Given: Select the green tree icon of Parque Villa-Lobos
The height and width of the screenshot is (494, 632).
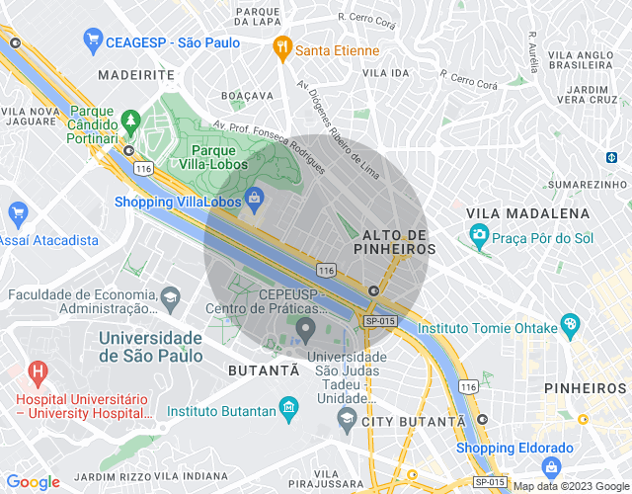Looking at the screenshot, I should pos(130,121).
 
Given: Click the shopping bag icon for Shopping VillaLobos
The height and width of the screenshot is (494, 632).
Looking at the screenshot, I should pos(256,198).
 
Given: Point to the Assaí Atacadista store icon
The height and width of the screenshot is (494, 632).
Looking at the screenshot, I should pos(17,212).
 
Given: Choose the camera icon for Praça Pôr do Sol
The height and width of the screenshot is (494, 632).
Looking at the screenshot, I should pos(480,234).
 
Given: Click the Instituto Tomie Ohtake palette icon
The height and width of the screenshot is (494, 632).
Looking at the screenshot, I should pos(570,324).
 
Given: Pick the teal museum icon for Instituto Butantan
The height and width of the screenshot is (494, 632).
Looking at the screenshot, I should pos(288,406).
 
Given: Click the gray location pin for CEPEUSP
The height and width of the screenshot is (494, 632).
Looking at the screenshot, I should pos(305,328).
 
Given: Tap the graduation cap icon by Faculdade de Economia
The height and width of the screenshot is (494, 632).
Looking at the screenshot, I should pos(171,296).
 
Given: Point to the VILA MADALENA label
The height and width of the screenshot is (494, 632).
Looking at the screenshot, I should pos(527,213).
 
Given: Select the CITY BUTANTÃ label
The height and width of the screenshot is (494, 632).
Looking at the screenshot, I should pos(414,422).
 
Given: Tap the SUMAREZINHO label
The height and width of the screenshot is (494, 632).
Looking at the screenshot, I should pos(588,185).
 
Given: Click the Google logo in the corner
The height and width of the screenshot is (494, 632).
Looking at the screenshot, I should pos(33,482).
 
